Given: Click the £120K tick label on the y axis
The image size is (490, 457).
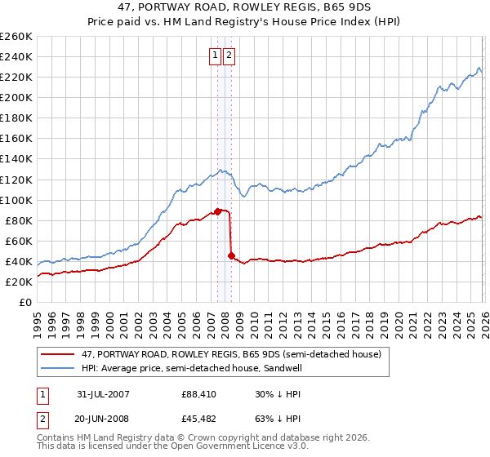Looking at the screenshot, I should (16, 180).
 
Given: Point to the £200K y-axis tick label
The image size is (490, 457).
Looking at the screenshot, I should (16, 97).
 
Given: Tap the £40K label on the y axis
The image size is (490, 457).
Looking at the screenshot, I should (18, 261).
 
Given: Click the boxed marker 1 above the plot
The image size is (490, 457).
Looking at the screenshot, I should (215, 55).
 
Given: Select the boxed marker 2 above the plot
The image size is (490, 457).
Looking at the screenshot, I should (228, 55).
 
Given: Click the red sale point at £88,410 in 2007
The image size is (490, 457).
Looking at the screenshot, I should (218, 211).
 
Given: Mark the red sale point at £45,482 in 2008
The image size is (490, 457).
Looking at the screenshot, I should (231, 255).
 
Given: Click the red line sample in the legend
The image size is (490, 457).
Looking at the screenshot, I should (59, 354).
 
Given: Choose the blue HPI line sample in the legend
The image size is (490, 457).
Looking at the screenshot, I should (59, 368).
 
